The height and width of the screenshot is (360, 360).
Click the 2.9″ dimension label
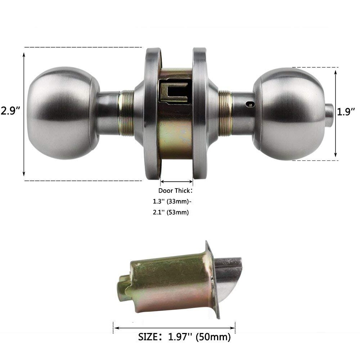tap(10, 111)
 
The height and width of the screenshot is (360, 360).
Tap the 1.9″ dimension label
tap(346, 112)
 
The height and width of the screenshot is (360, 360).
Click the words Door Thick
tap(174, 190)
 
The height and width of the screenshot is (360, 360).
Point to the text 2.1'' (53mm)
tap(171, 212)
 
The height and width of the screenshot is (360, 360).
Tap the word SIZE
tap(148, 337)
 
